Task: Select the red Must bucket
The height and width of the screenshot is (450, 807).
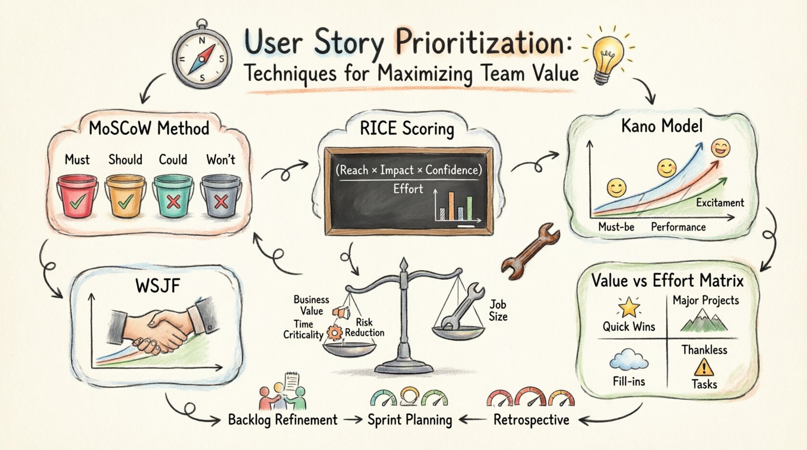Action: pos(77,196)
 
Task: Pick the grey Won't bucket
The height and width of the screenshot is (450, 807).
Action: pos(221,196)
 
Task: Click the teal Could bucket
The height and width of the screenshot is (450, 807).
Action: pos(173,196)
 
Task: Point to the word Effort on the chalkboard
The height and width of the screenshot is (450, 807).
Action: pos(408,189)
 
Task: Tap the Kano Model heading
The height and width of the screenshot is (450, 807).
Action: pos(662,127)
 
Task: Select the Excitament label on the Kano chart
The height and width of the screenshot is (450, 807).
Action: pos(720,203)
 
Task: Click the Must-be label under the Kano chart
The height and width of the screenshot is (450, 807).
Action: pos(616,227)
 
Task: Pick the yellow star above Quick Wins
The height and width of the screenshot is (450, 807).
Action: pos(629,307)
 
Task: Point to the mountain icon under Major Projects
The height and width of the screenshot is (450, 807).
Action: pos(704,321)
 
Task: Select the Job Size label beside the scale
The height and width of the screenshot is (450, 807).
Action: pos(498,310)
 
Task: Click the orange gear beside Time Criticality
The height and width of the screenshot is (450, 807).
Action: pos(334,333)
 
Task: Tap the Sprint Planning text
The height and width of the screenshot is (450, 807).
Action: pos(409,420)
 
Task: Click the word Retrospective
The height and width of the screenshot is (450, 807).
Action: pos(531,420)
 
